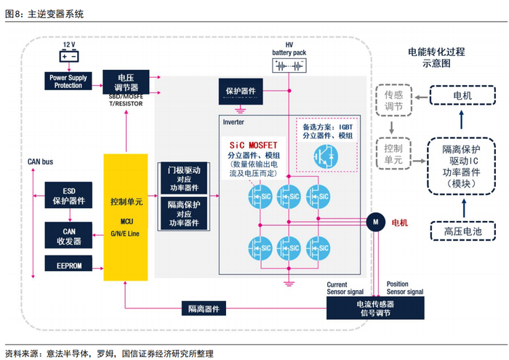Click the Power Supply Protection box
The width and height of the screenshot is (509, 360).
[68, 81]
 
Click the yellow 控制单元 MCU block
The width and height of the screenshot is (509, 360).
[125, 216]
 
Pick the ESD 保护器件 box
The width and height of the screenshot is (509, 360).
[68, 196]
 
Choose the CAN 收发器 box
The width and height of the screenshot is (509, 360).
[68, 235]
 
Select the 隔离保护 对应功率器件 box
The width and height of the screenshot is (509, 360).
[183, 213]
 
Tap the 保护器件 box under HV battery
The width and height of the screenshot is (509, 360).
[241, 92]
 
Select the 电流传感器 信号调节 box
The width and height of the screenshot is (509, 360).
[375, 308]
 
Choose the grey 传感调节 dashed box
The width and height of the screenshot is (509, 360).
[393, 101]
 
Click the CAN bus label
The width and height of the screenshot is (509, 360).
[41, 161]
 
